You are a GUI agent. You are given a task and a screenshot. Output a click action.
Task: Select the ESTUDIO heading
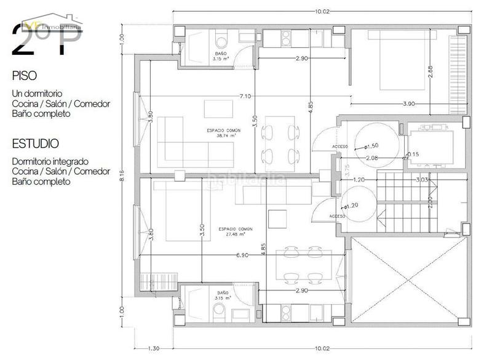click(36, 143)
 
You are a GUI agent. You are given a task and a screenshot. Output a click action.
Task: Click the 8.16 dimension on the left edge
click(122, 175)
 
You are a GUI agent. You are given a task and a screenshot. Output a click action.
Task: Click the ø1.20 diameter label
click(352, 206)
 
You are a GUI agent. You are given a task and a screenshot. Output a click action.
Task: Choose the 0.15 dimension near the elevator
click(413, 154)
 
